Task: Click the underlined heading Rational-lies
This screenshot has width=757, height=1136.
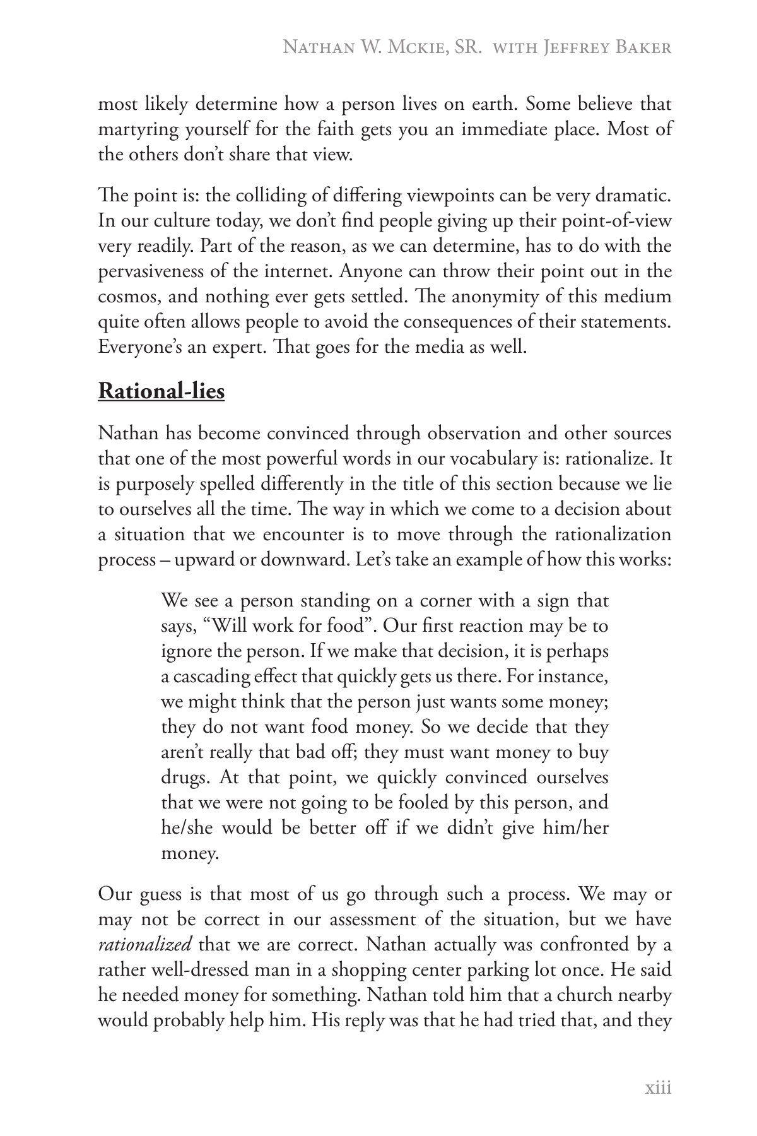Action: coord(161,391)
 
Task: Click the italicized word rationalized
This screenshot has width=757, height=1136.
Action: coord(145,945)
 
